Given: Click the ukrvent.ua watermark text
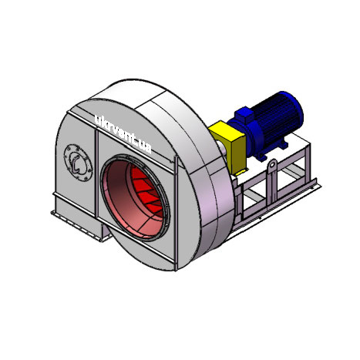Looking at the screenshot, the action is (123, 133).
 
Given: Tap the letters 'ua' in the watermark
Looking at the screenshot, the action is (144, 147).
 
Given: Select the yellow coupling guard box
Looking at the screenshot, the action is (228, 146).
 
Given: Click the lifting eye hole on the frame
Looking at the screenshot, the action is (273, 163).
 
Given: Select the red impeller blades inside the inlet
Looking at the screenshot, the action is (149, 191).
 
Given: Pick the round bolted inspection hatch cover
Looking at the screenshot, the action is (78, 163).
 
